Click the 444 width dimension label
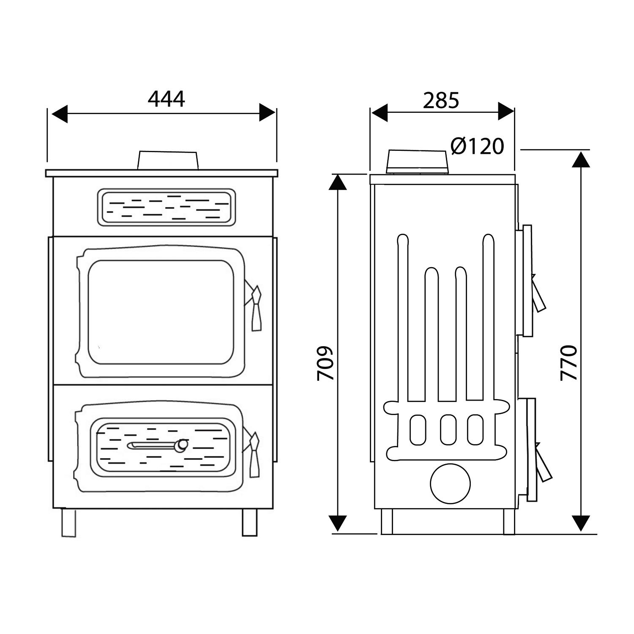click(166, 99)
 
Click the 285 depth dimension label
click(441, 101)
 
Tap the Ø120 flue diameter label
click(477, 146)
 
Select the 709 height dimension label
click(325, 363)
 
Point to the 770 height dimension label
click(568, 363)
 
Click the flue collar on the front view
click(168, 161)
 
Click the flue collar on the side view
click(417, 161)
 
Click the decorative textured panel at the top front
click(167, 207)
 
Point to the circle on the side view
click(450, 484)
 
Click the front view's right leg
click(249, 522)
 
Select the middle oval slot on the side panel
click(448, 429)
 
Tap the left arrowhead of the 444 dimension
click(59, 113)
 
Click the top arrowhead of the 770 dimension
click(583, 159)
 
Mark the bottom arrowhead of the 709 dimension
click(338, 523)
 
